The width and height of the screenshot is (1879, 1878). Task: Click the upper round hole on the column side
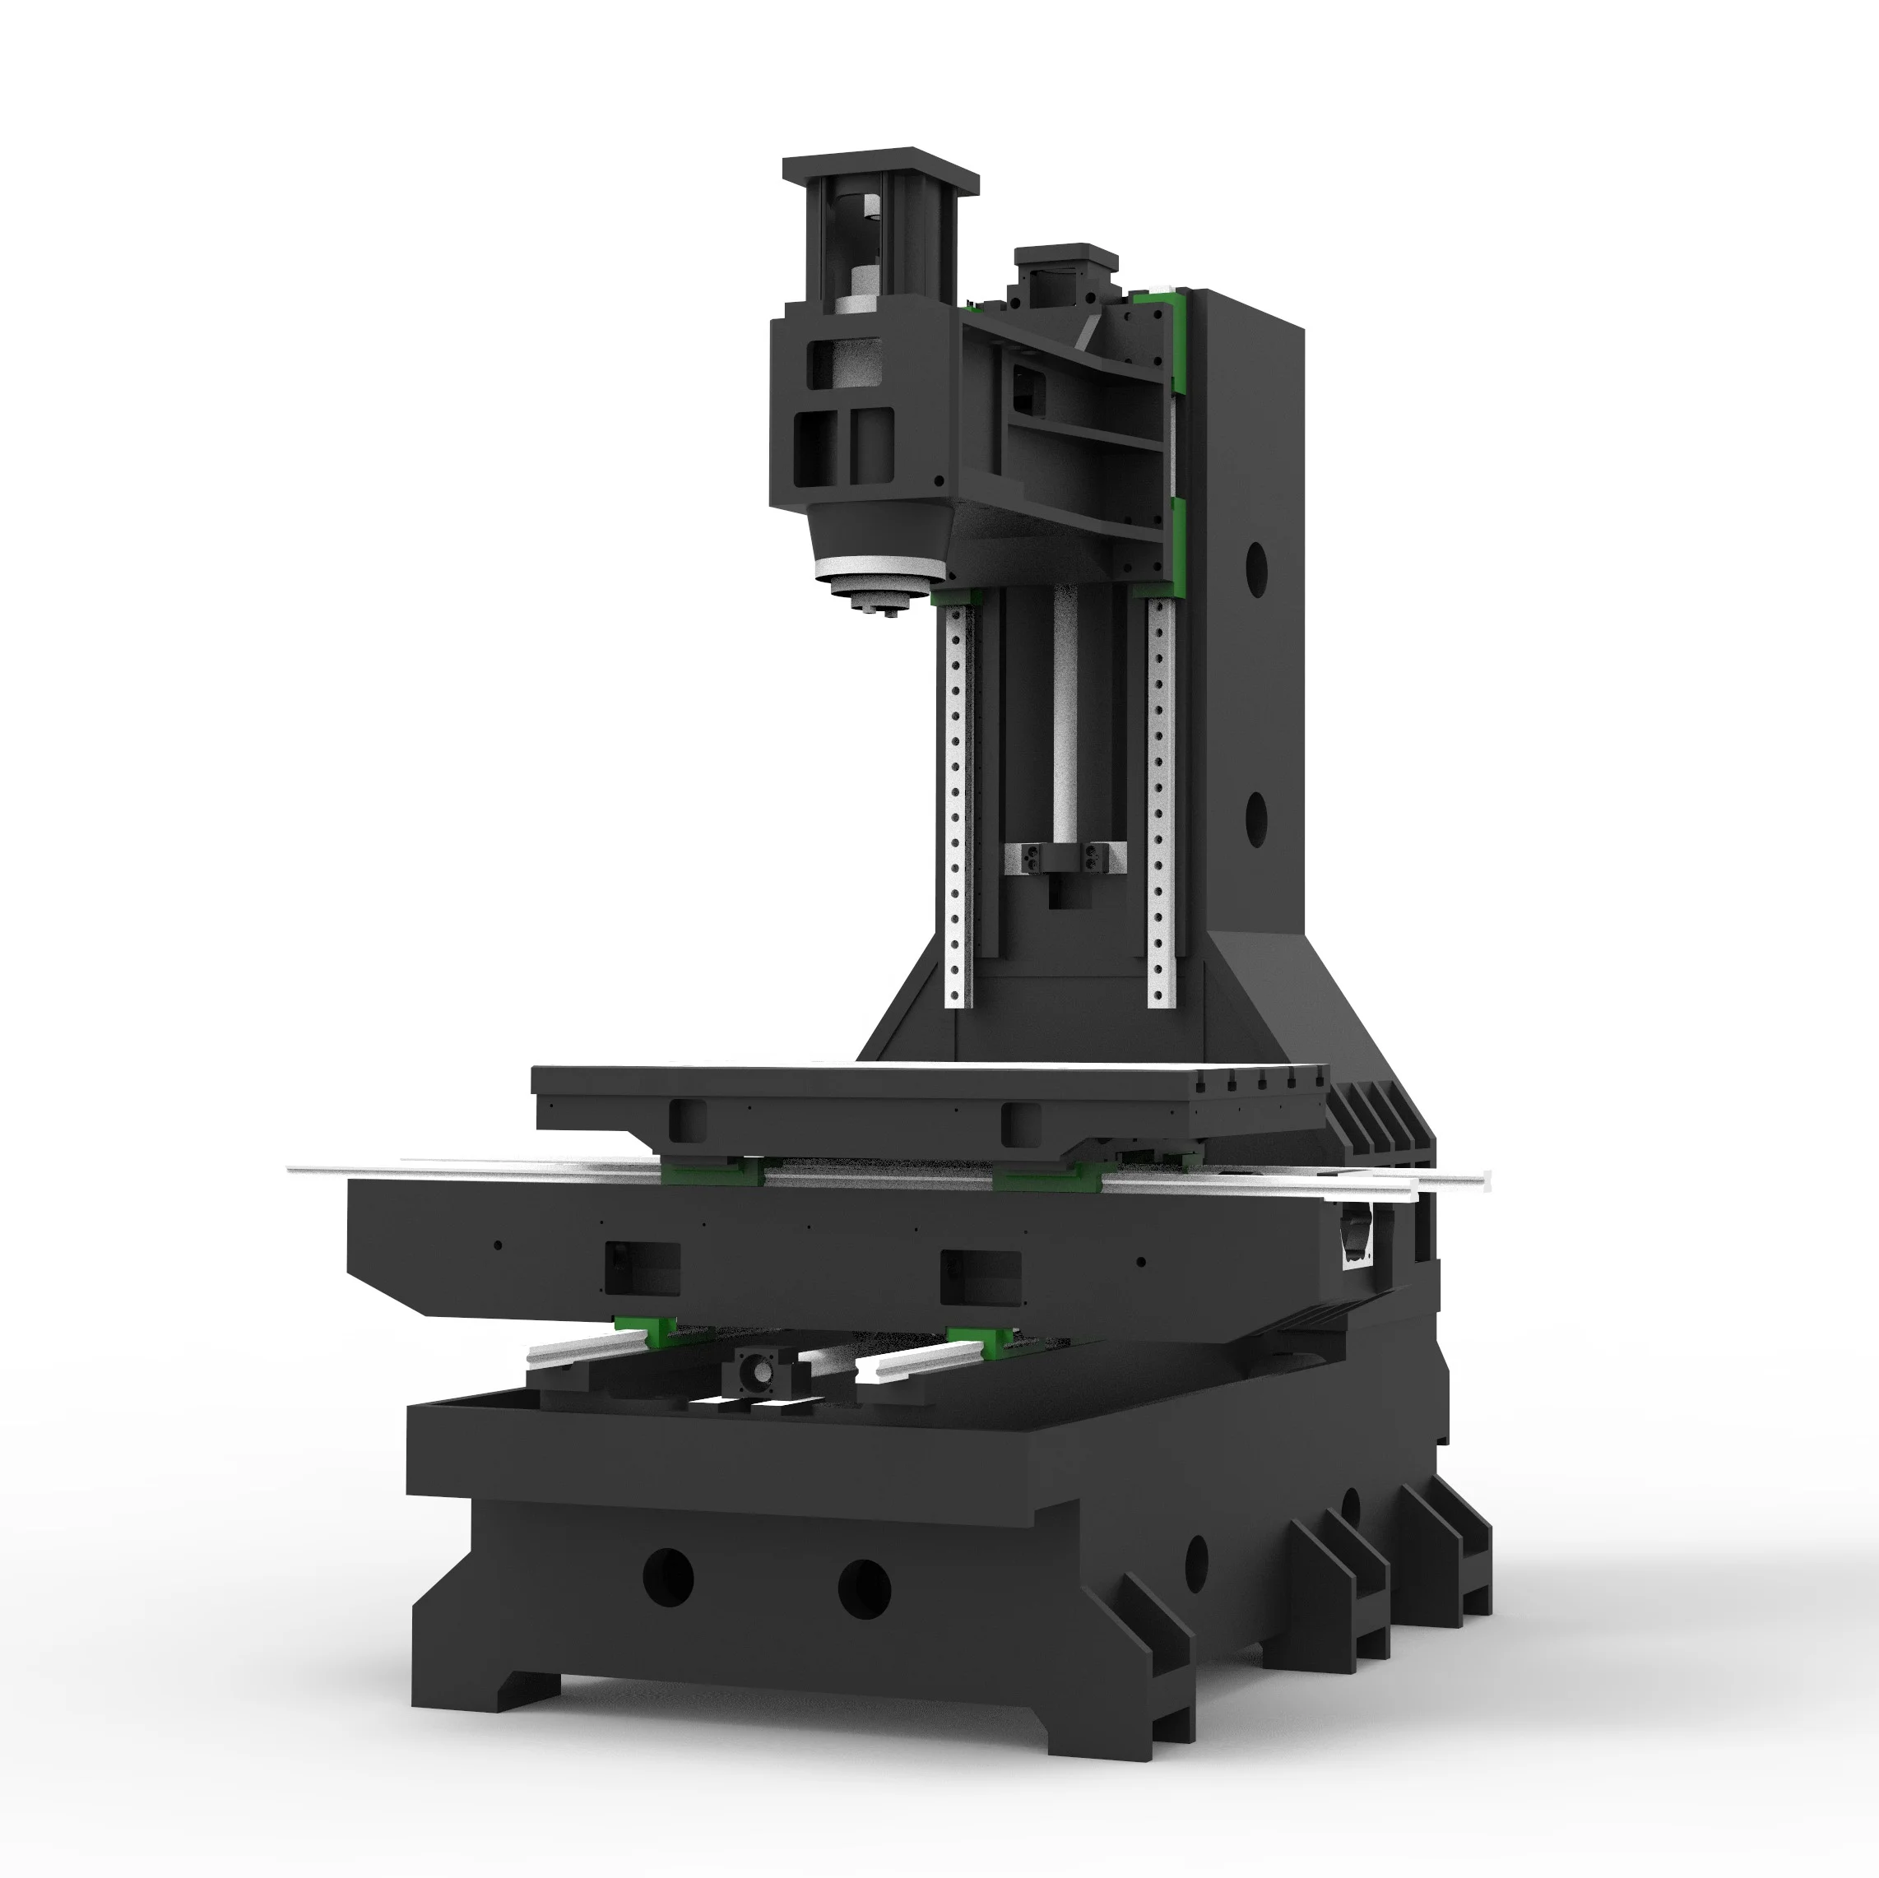[1256, 569]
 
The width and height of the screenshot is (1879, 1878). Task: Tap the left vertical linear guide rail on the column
[957, 797]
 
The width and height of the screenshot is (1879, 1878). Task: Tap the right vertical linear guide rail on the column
[1159, 797]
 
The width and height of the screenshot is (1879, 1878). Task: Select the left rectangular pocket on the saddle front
[642, 1269]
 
